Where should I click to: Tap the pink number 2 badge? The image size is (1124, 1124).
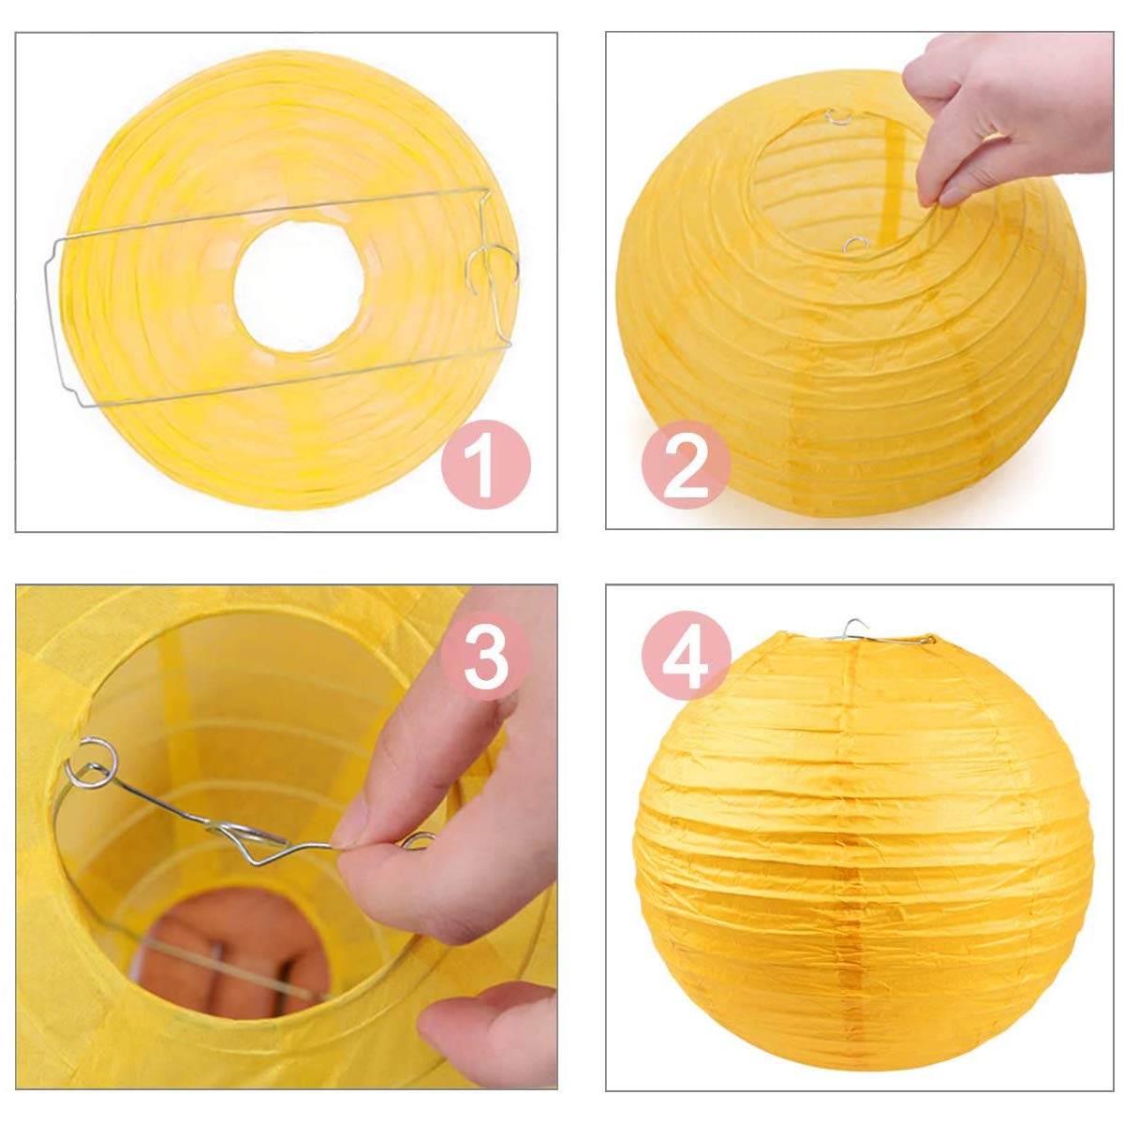pos(687,465)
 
